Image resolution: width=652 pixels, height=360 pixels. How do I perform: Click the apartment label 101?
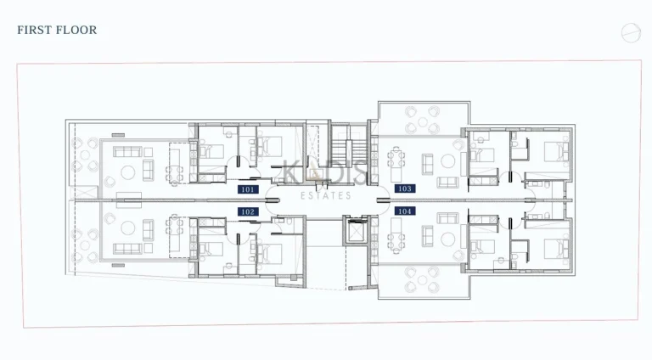pos(249,189)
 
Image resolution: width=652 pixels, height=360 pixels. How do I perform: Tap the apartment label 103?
pos(405,188)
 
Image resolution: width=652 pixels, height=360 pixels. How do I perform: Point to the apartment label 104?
pos(405,211)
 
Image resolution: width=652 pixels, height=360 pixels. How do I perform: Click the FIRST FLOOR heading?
pos(57,30)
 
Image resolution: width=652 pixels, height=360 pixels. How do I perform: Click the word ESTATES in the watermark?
pos(326,195)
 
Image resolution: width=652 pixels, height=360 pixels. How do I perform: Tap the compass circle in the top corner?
pos(630,32)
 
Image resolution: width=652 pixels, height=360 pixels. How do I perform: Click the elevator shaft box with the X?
pos(352,230)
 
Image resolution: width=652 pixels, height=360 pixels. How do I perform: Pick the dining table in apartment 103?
pos(396,158)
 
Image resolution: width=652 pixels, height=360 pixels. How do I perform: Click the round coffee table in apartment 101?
pos(127,172)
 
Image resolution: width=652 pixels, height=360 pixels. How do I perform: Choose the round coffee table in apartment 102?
pos(127,228)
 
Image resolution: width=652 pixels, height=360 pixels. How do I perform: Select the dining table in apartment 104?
pos(396,240)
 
